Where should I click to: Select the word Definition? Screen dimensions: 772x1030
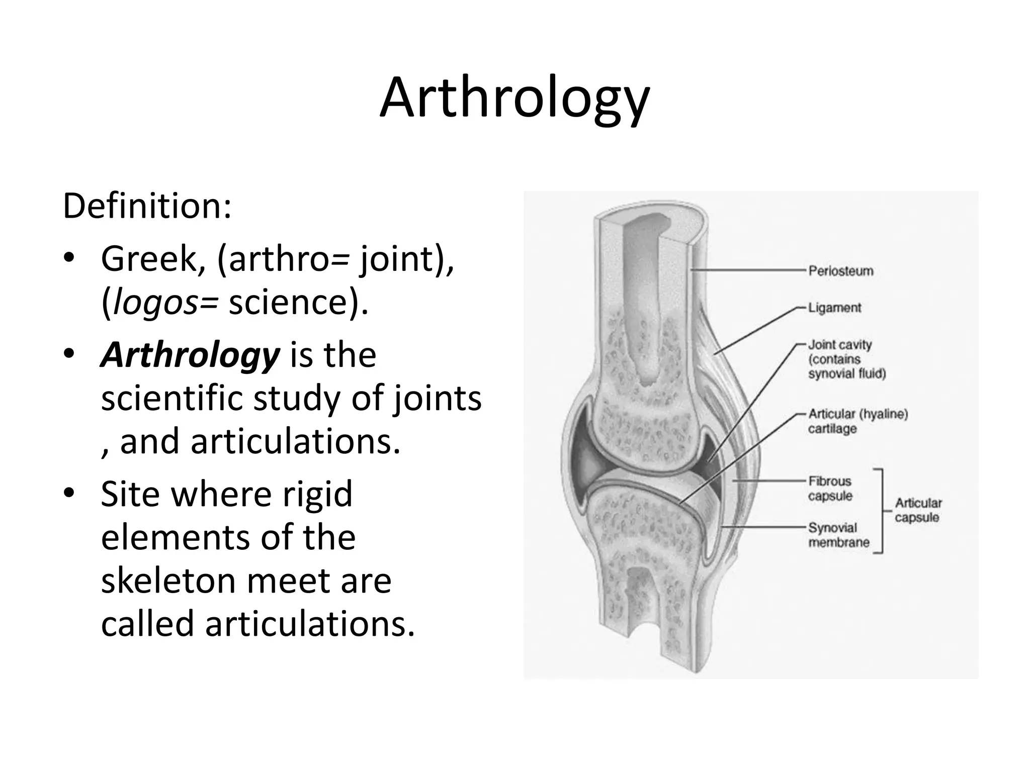click(147, 206)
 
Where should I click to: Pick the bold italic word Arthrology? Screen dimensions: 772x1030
click(190, 355)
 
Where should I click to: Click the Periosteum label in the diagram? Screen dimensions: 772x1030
click(841, 271)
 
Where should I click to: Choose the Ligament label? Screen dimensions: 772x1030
click(834, 308)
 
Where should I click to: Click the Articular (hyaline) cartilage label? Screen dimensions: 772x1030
click(858, 421)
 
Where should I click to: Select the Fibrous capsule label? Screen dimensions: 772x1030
click(830, 488)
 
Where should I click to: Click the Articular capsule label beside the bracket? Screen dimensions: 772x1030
click(918, 510)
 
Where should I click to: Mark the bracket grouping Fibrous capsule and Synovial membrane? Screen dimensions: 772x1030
click(881, 511)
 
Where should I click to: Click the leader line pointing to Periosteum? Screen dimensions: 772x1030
click(749, 270)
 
